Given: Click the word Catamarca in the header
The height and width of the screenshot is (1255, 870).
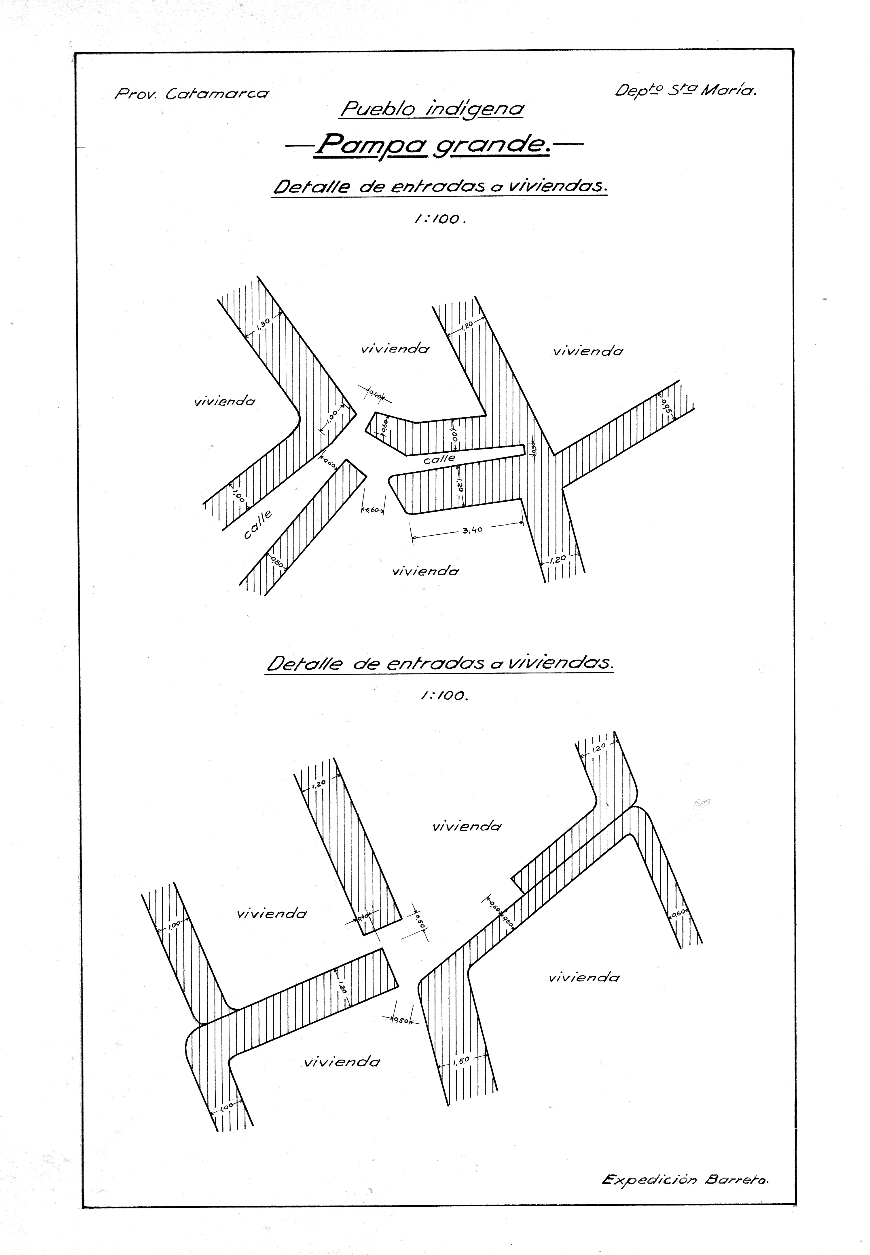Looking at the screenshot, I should point(217,94).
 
